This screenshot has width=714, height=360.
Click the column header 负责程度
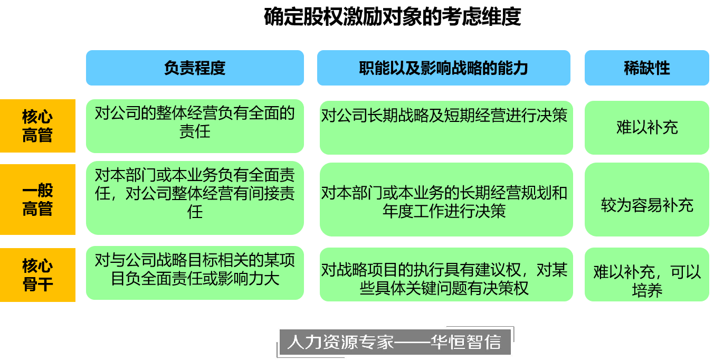[x=195, y=68]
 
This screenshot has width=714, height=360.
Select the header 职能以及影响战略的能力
[x=443, y=68]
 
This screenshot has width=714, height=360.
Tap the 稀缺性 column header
[x=646, y=68]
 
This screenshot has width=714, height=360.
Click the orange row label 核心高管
[x=37, y=126]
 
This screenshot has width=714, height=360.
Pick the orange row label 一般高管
[x=37, y=200]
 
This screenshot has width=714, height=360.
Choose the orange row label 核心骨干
[x=37, y=275]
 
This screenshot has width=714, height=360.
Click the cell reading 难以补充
[x=646, y=128]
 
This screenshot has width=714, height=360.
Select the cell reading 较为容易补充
[x=646, y=205]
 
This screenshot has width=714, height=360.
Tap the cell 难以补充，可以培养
[x=646, y=280]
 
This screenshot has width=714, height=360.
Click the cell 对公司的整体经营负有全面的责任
[x=195, y=122]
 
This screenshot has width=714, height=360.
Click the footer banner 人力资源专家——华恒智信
[x=393, y=342]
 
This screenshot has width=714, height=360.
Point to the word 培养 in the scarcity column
[x=646, y=290]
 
